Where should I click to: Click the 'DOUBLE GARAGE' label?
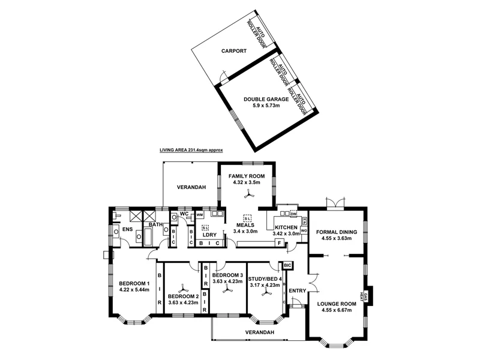click(x=265, y=100)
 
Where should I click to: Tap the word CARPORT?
click(x=233, y=52)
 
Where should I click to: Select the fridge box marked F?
click(x=278, y=242)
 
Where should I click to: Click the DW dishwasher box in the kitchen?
click(x=293, y=214)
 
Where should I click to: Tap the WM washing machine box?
click(x=199, y=214)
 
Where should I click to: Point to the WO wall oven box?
click(x=304, y=230)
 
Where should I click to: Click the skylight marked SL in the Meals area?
click(x=247, y=218)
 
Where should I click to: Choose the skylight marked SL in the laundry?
click(x=205, y=228)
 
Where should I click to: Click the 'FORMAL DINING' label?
click(x=337, y=232)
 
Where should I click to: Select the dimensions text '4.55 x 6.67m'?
click(x=337, y=310)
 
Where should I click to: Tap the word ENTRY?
click(x=297, y=291)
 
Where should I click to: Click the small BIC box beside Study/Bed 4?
click(x=287, y=265)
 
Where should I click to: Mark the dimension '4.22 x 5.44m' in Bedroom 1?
click(x=134, y=290)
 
